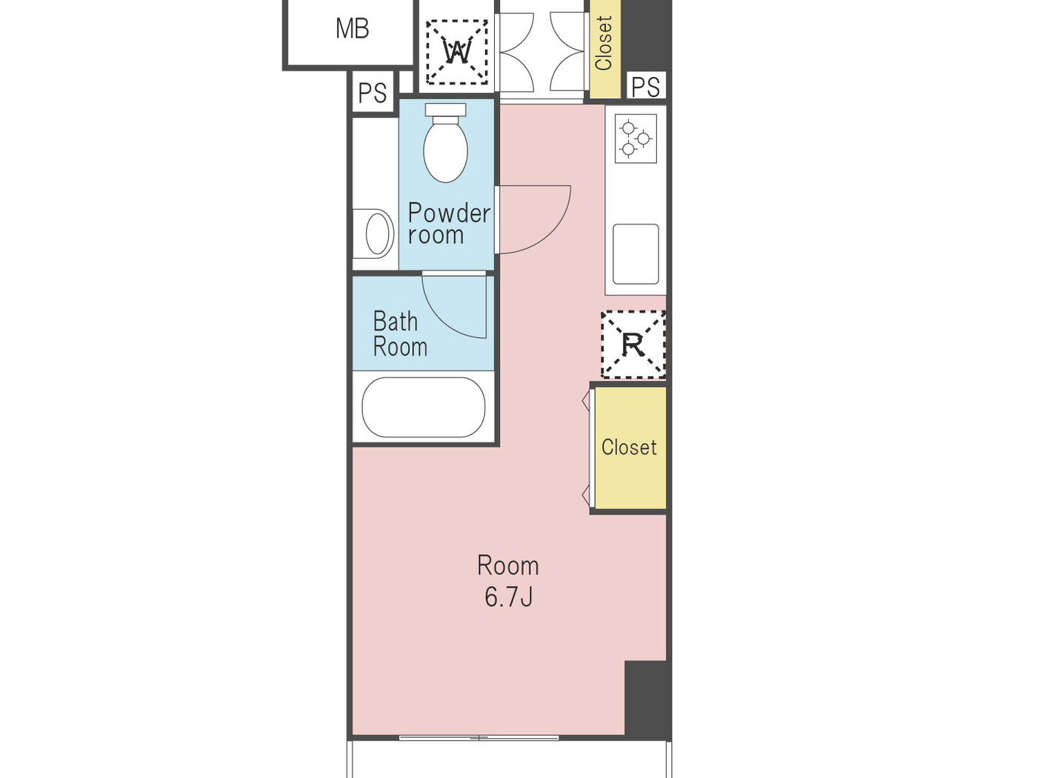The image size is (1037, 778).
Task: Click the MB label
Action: (352, 29)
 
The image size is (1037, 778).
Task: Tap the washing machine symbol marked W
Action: (457, 52)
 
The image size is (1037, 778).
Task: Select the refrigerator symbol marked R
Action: (633, 345)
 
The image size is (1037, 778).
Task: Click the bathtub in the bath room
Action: (423, 407)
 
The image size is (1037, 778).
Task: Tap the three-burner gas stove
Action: (636, 139)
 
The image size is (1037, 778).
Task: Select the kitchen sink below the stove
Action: (636, 253)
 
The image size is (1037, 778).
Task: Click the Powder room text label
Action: (449, 224)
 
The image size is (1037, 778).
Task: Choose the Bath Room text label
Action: (399, 334)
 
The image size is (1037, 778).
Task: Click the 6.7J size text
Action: (508, 597)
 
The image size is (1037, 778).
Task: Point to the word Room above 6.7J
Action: (507, 566)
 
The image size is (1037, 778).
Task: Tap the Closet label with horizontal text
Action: (629, 448)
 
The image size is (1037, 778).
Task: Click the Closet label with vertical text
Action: (604, 44)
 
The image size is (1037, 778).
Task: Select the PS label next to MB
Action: (372, 93)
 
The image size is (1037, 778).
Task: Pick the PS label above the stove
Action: (645, 87)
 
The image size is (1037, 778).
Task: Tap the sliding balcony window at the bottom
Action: (479, 737)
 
